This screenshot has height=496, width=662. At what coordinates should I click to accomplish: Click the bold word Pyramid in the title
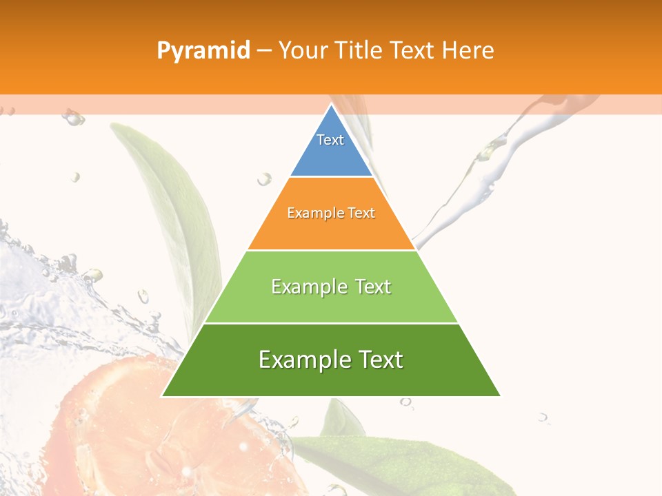[x=203, y=51]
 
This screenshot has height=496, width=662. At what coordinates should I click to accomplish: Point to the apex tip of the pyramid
[x=331, y=105]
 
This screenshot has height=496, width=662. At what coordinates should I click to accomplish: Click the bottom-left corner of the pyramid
[x=163, y=395]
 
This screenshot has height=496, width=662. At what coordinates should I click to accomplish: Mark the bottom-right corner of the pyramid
[x=499, y=395]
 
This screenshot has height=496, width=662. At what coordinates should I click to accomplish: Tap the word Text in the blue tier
[x=330, y=140]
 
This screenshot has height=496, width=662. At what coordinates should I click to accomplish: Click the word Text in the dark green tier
[x=378, y=360]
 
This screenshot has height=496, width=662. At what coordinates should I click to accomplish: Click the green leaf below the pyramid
[x=400, y=462]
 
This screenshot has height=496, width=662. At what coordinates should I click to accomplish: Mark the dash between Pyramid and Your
[x=264, y=51]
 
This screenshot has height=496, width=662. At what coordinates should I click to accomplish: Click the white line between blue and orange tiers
[x=331, y=177]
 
